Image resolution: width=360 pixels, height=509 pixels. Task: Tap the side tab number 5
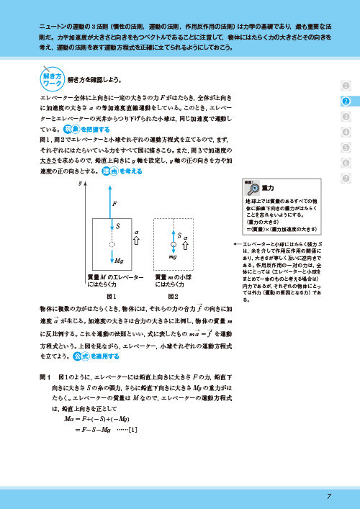click(346, 148)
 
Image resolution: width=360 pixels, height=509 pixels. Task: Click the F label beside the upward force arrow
click(115, 204)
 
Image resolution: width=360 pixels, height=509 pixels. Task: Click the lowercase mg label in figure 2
click(174, 257)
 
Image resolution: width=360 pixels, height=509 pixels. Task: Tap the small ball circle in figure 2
click(173, 246)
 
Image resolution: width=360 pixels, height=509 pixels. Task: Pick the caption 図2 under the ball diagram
click(173, 296)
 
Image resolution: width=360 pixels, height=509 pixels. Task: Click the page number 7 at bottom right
click(328, 496)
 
